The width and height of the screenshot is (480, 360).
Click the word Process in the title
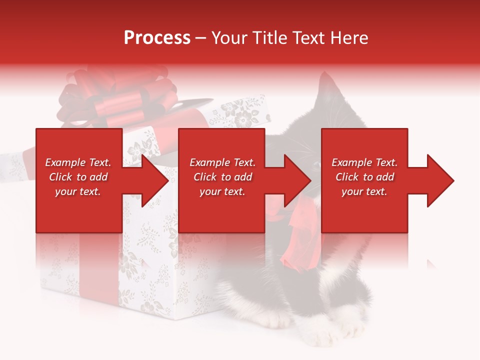[157, 38]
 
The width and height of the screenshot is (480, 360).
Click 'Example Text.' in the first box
[78, 162]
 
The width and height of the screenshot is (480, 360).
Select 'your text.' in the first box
[78, 191]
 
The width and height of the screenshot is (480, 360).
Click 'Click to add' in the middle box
[222, 177]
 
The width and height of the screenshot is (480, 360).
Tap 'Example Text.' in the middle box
[222, 162]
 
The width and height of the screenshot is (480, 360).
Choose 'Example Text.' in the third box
[364, 162]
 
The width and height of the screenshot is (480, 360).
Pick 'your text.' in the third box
[364, 191]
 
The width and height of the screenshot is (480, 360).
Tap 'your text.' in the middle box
[222, 191]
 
